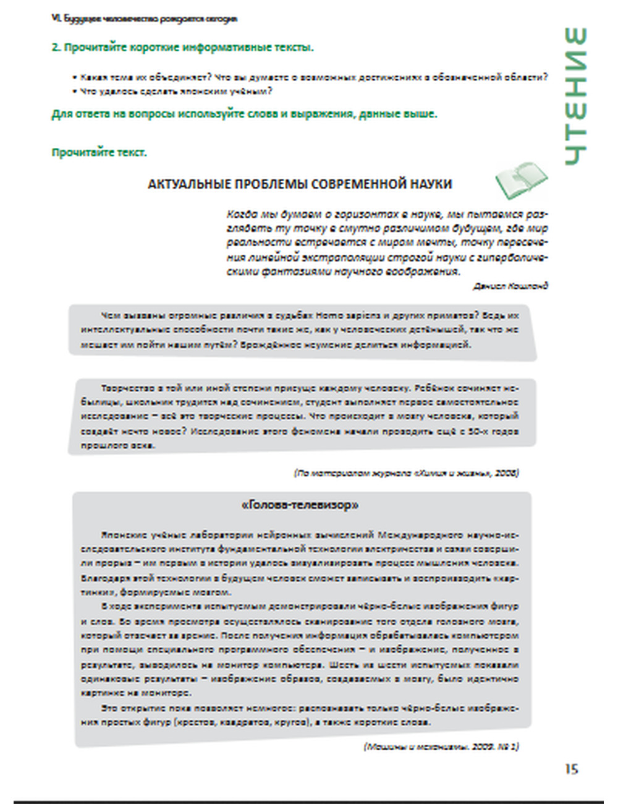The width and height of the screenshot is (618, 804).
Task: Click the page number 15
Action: pyautogui.click(x=571, y=769)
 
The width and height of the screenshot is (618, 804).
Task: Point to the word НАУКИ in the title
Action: pyautogui.click(x=432, y=184)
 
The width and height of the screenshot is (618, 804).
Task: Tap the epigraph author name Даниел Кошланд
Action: pyautogui.click(x=510, y=286)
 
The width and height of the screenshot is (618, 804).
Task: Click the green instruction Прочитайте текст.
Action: pyautogui.click(x=99, y=153)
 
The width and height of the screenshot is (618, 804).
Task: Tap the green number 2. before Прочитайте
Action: pyautogui.click(x=56, y=48)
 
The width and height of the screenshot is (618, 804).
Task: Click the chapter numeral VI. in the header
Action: pyautogui.click(x=54, y=19)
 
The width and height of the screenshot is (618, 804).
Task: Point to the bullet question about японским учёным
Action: pyautogui.click(x=176, y=92)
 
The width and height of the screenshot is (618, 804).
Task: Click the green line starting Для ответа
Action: pyautogui.click(x=243, y=114)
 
